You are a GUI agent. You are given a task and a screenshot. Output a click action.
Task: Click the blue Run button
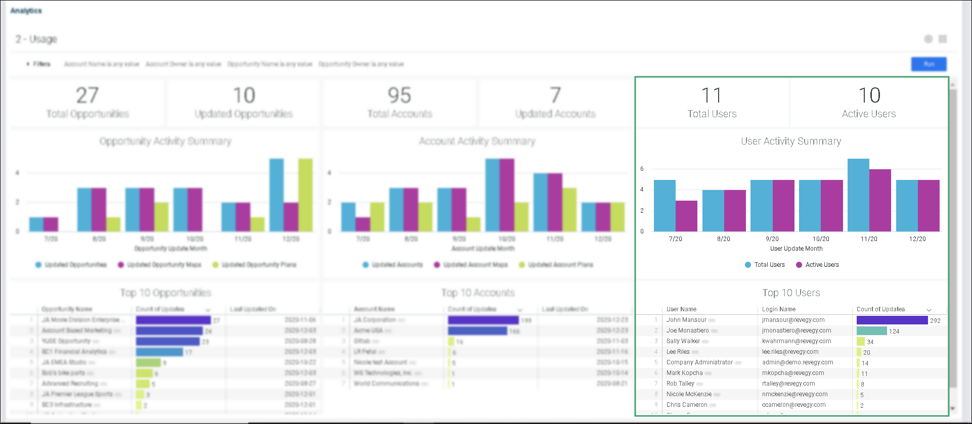[x=929, y=64]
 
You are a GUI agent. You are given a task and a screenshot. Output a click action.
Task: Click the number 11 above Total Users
[x=711, y=96]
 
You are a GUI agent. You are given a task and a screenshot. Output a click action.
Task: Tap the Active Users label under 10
[x=868, y=114]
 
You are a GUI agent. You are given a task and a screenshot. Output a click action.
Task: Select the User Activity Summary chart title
[x=791, y=142]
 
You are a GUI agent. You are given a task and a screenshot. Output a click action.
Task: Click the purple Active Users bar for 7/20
[x=686, y=216]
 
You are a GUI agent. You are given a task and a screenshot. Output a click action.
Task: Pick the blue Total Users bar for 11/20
[x=858, y=195]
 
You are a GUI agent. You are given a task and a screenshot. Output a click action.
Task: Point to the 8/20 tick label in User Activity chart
[x=723, y=239]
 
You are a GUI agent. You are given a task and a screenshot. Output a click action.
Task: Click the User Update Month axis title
[x=796, y=249]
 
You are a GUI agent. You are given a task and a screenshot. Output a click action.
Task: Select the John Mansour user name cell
[x=686, y=320]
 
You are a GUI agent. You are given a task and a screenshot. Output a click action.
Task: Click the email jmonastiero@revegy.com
[x=797, y=331]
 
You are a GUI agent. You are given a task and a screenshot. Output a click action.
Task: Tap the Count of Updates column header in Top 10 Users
[x=880, y=309]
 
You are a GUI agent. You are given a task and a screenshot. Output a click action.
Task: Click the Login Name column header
[x=779, y=309]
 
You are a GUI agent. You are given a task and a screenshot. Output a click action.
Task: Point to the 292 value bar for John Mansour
[x=892, y=320]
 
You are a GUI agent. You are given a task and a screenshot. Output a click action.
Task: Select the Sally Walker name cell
[x=683, y=341]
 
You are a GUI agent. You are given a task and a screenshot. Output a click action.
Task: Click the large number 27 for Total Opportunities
[x=87, y=96]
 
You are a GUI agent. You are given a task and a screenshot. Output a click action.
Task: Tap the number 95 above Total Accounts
[x=399, y=96]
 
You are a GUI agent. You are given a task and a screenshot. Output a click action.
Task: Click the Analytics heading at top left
[x=26, y=11]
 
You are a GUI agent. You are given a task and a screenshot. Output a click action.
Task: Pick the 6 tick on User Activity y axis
[x=642, y=169]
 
